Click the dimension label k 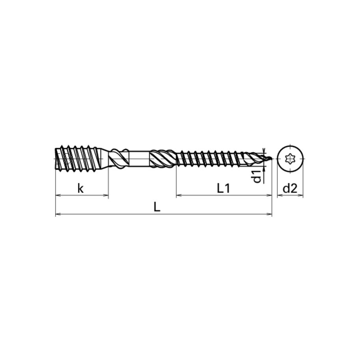pos(81,188)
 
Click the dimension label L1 pos(223,188)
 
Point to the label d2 pos(290,188)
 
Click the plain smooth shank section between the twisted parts pos(139,159)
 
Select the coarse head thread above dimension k pos(79,158)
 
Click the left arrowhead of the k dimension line pos(57,195)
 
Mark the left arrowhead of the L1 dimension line pos(178,195)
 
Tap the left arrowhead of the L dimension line pos(57,214)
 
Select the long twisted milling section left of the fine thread pos(163,159)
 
